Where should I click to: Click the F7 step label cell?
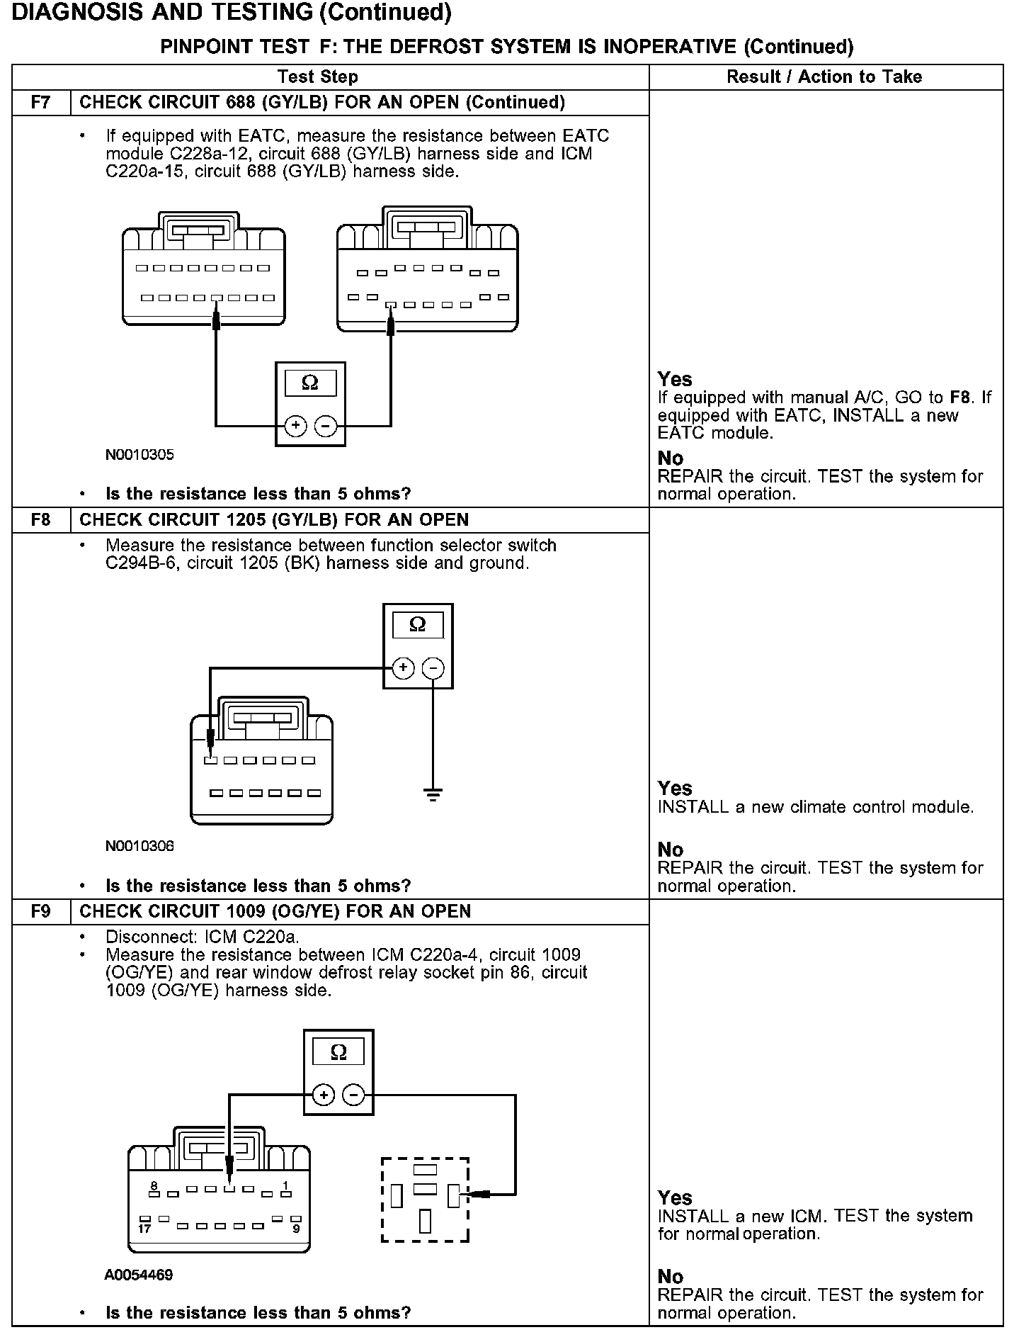point(41,103)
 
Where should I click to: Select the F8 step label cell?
point(41,520)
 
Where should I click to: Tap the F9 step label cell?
point(41,911)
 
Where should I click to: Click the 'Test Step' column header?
point(318,77)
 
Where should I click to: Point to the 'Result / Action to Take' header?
point(824,77)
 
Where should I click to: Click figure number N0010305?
point(139,455)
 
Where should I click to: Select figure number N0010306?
point(139,846)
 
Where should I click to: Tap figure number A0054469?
point(139,1275)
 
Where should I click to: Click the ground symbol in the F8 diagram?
point(433,794)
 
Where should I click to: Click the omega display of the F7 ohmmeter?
point(310,383)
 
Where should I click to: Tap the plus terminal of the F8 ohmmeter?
point(403,668)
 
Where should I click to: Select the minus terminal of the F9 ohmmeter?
point(354,1095)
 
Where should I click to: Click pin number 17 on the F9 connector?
point(144,1229)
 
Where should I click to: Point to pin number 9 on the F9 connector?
point(296,1229)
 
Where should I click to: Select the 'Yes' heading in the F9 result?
point(675,1197)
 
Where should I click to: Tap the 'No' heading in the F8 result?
point(671,850)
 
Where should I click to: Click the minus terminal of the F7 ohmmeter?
point(325,426)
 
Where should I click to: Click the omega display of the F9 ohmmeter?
point(338,1053)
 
